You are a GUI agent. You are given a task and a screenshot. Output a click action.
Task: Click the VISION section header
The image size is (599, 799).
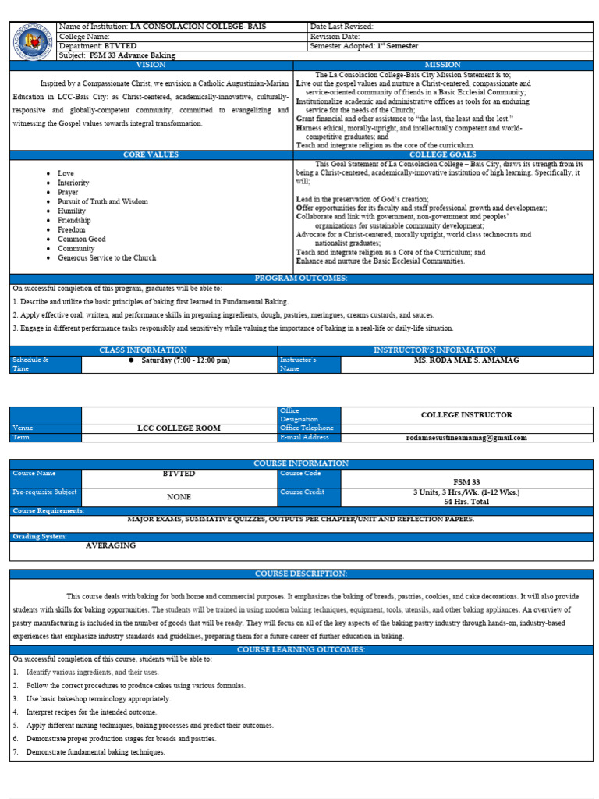151,65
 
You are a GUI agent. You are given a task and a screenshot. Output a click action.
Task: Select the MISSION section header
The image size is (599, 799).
442,65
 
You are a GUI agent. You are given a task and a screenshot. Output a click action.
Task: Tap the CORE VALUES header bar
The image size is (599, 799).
151,155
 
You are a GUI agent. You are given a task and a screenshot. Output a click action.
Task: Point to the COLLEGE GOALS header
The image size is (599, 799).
442,155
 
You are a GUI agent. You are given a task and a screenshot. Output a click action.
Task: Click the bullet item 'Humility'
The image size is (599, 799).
71,211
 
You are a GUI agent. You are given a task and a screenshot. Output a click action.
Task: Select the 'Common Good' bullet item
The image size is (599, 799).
81,240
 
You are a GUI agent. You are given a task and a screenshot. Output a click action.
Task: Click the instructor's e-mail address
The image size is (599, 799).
466,438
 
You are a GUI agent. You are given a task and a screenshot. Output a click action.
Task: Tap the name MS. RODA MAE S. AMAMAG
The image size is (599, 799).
466,360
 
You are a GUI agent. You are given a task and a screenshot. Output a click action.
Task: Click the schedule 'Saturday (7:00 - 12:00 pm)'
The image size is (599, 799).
185,360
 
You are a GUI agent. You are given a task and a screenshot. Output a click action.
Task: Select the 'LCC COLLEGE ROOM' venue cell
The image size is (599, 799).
179,428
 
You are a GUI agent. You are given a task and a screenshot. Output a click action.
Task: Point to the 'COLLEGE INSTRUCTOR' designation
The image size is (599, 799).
466,415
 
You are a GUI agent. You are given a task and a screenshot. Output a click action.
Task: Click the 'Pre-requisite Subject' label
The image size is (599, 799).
44,492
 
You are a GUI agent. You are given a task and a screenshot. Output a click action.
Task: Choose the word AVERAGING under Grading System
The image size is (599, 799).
111,545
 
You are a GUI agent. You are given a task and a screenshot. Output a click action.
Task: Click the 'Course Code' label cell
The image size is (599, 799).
300,474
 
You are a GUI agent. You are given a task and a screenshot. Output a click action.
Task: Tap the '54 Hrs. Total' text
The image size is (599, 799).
466,502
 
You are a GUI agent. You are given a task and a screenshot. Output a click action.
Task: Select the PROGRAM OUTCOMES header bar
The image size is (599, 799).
300,279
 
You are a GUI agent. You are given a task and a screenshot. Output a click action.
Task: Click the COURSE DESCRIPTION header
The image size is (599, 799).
300,574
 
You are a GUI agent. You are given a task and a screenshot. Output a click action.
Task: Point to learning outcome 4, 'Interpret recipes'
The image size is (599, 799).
91,712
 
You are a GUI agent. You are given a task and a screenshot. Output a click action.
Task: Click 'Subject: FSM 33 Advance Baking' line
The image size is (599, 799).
117,55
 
